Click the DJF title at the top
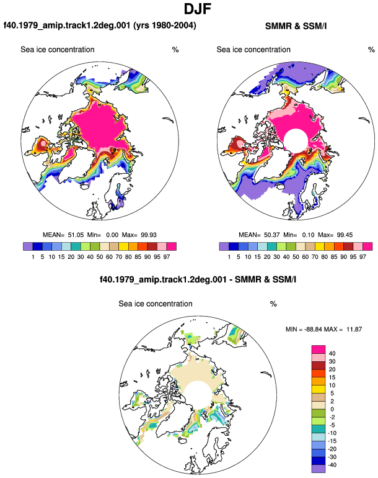point(198,9)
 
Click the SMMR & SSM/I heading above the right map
point(296,26)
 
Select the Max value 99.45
point(345,235)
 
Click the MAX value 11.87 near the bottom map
point(354,329)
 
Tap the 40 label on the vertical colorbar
point(332,354)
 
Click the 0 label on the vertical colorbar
point(332,409)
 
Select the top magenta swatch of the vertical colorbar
point(319,349)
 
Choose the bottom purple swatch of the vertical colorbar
point(319,469)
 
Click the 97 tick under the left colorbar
point(166,257)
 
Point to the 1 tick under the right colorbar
point(229,257)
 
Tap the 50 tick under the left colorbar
point(100,257)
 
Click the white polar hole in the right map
point(296,140)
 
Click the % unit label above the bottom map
point(273,304)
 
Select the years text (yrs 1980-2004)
point(165,25)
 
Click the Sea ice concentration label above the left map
point(58,50)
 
